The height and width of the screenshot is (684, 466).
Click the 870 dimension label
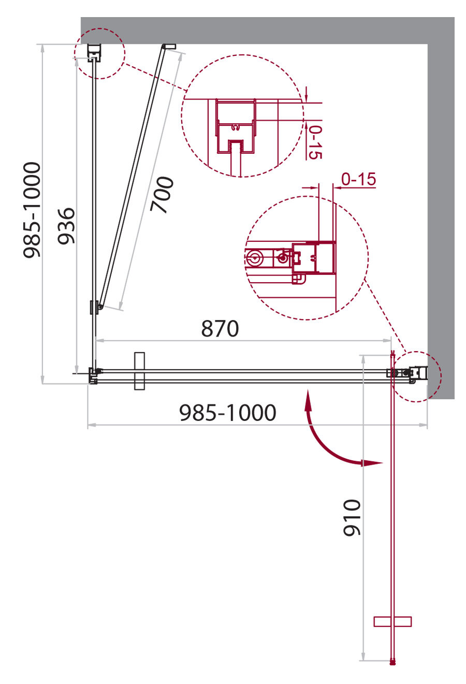220,329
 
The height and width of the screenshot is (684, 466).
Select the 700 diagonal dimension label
162,195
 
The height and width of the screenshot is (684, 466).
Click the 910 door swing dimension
352,517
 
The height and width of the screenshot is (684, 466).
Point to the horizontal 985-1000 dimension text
227,413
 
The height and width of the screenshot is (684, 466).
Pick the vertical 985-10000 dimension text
32,210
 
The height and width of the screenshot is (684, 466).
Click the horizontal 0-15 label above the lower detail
358,179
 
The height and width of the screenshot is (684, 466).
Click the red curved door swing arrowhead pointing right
372,463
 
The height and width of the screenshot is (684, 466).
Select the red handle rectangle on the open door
392,621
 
